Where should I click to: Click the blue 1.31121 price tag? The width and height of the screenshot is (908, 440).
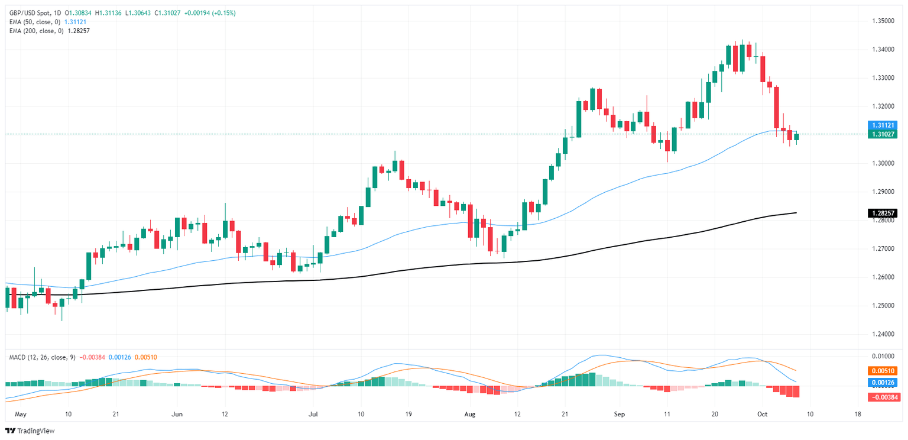[883, 125]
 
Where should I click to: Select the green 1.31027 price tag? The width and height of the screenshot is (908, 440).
[883, 134]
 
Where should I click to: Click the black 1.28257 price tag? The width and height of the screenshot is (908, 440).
[883, 213]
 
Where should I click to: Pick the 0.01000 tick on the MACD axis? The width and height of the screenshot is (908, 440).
[881, 357]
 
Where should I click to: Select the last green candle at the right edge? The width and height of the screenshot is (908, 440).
[796, 137]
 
